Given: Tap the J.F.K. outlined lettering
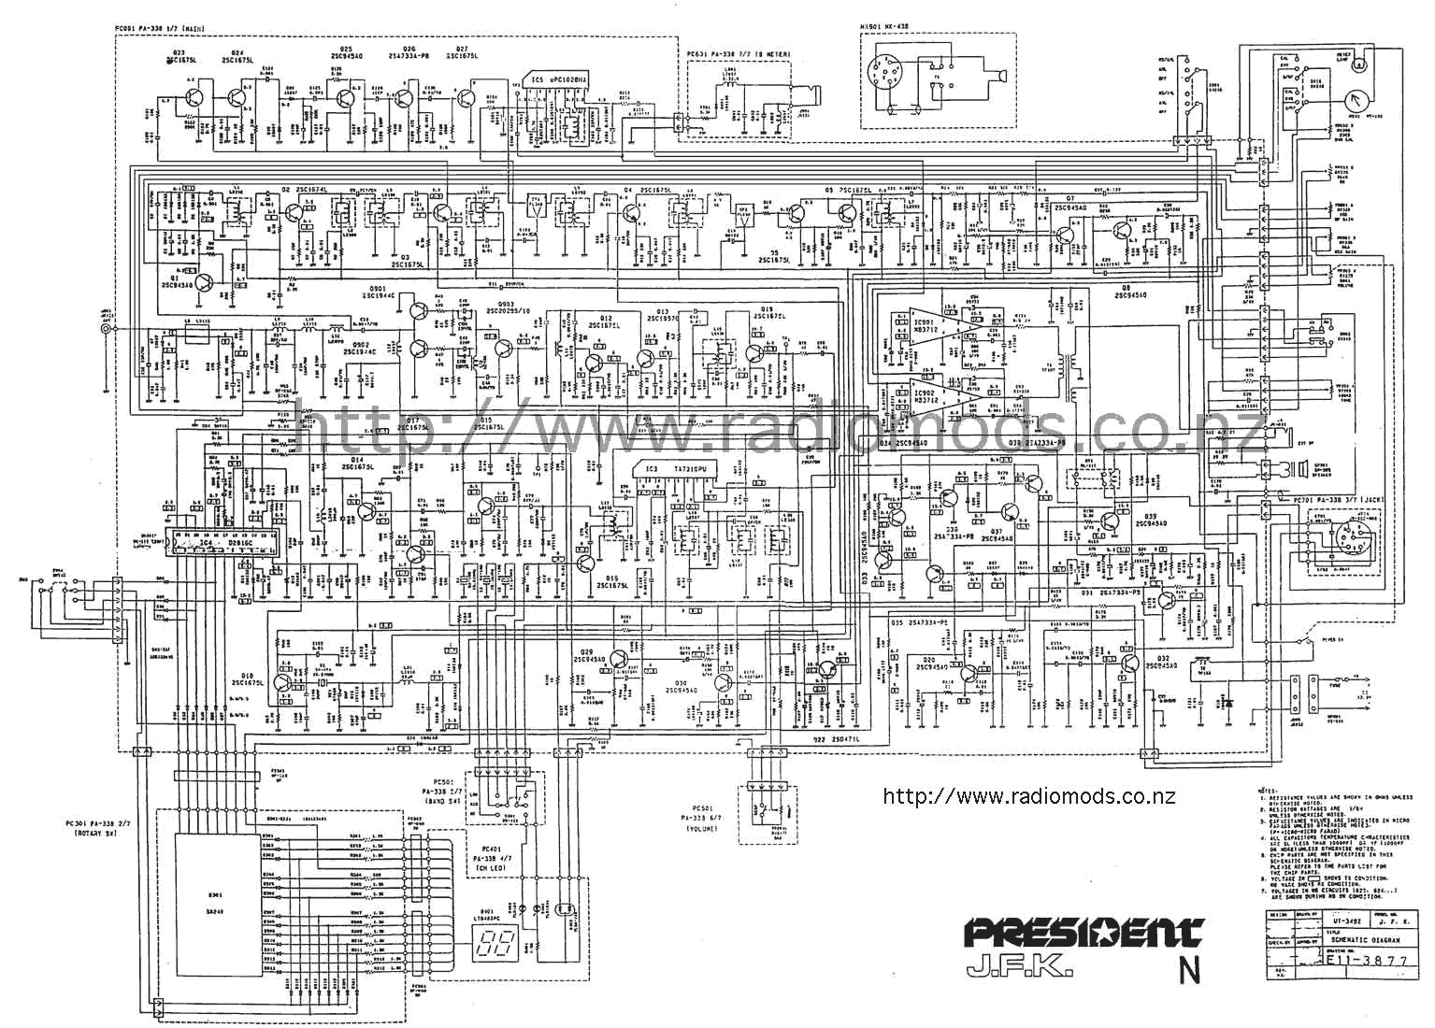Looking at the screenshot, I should pyautogui.click(x=1020, y=965).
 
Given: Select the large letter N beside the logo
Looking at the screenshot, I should pyautogui.click(x=1189, y=971).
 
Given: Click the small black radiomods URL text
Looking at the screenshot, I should pyautogui.click(x=1028, y=797).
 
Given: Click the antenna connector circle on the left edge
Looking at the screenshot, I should pyautogui.click(x=107, y=331).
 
